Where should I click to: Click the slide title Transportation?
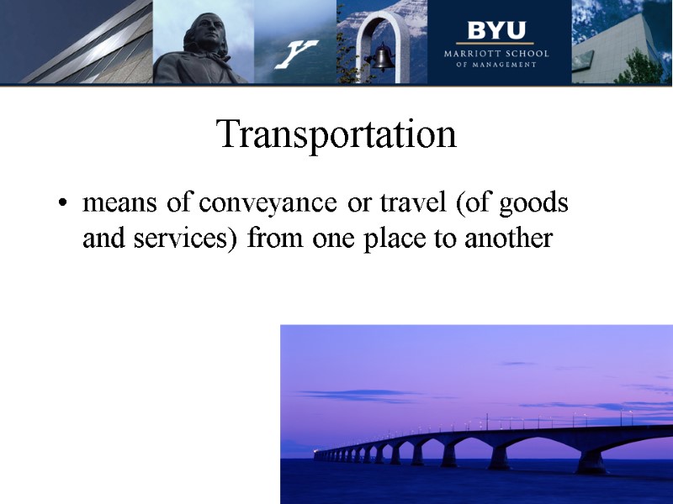pos(336,134)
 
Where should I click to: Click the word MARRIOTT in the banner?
pos(474,54)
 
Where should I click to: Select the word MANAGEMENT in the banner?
pos(506,65)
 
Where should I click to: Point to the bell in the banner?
pos(384,58)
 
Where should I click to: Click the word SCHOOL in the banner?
pos(527,54)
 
